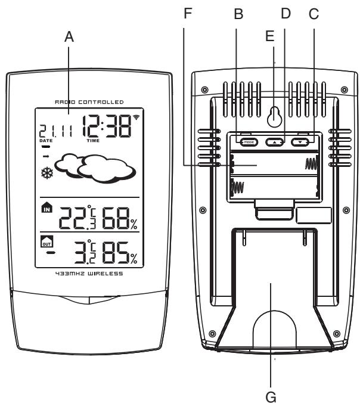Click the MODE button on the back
244,142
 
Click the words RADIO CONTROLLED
89,102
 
